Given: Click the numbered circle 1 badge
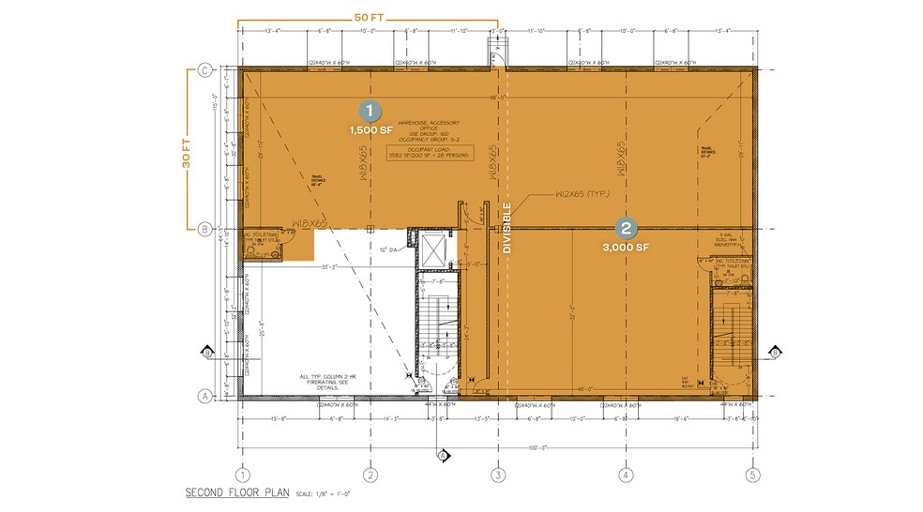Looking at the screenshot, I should [x=371, y=110].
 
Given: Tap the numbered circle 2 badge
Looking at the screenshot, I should [x=626, y=227].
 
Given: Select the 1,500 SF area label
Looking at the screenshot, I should [x=371, y=130].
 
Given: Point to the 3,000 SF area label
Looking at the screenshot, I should [x=626, y=248].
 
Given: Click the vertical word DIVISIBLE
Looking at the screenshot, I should [x=507, y=228].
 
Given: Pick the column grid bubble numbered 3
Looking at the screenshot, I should [x=498, y=474].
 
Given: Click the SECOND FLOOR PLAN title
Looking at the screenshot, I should [x=238, y=492].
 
